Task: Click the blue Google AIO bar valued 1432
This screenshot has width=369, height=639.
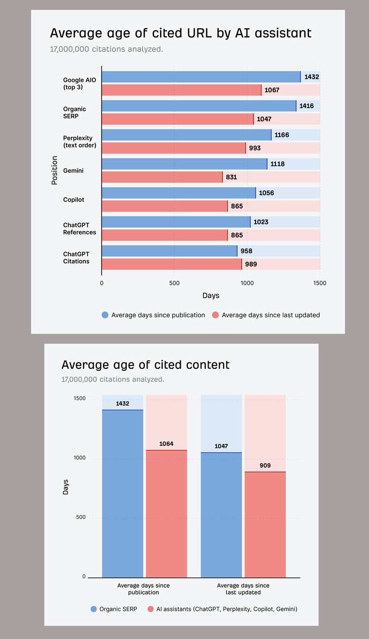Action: tap(201, 77)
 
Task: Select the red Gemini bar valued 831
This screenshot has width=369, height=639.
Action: tap(161, 177)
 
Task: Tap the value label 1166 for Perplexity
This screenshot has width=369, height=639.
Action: tap(281, 135)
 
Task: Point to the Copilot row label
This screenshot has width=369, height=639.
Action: tap(73, 200)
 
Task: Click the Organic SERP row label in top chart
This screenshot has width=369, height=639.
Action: tap(74, 112)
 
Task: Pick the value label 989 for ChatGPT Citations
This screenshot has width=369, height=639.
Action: tap(251, 264)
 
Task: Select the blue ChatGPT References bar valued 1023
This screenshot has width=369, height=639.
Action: tap(176, 222)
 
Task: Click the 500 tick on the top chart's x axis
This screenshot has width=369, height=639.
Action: tap(174, 283)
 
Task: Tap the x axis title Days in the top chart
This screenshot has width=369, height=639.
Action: tap(211, 296)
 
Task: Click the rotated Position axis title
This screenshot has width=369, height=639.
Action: tap(54, 171)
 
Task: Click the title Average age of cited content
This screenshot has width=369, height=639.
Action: tap(145, 365)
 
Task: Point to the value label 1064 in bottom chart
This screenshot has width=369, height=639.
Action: tap(166, 444)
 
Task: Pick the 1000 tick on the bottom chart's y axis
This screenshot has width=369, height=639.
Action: tap(80, 458)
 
